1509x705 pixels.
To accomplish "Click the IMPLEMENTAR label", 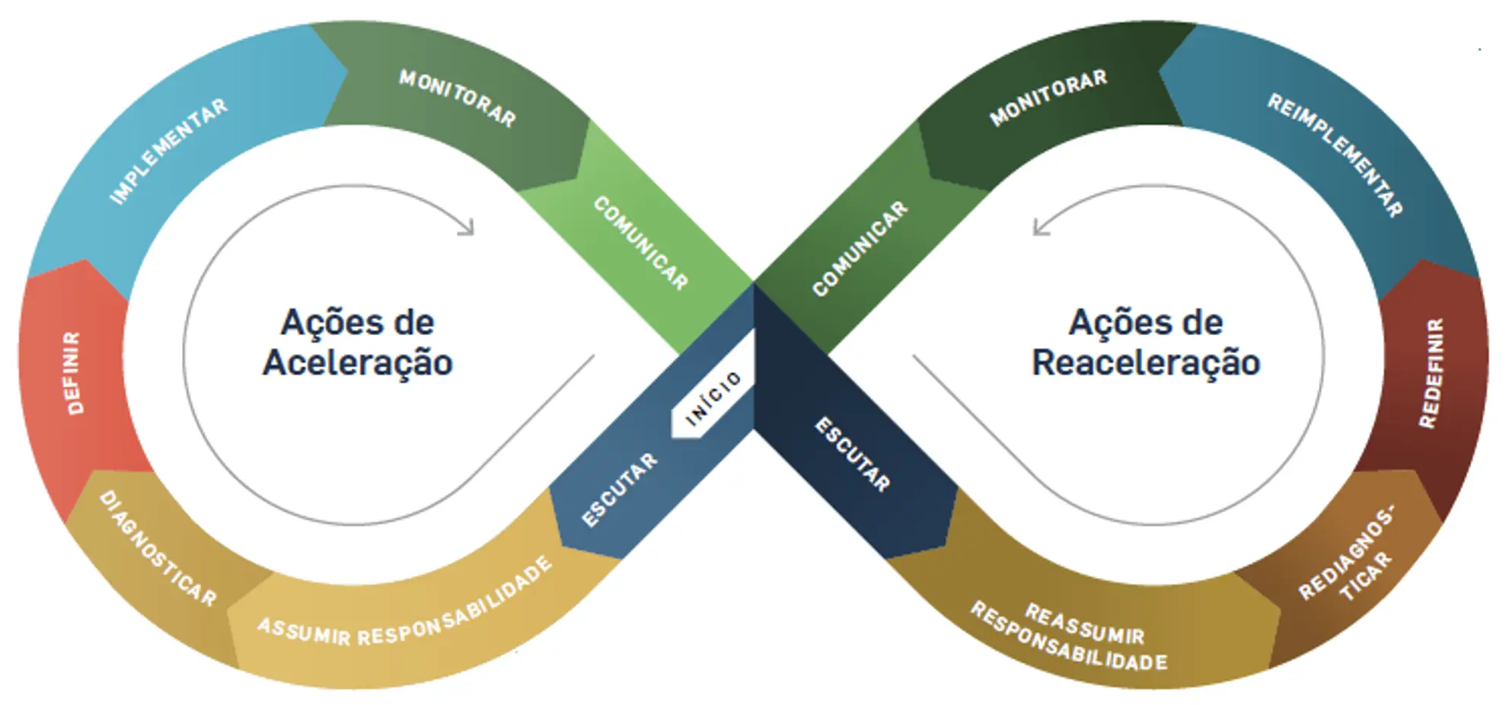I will tap(168, 152).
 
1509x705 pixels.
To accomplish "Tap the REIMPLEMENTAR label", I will tap(1335, 155).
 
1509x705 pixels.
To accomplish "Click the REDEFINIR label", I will tap(1431, 373).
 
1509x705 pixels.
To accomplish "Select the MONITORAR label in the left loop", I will tap(458, 98).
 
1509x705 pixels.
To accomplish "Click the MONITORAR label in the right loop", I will tap(1048, 98).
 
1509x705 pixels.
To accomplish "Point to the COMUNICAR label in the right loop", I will tap(860, 248).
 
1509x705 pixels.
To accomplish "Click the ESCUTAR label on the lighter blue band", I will tap(619, 490).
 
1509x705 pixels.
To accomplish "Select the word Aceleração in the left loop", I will tap(358, 362).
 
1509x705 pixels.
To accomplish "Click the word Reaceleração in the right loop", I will tap(1146, 362).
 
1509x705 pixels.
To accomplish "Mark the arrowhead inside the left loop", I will tap(467, 227).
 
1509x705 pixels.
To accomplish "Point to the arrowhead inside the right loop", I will tap(1040, 227).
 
